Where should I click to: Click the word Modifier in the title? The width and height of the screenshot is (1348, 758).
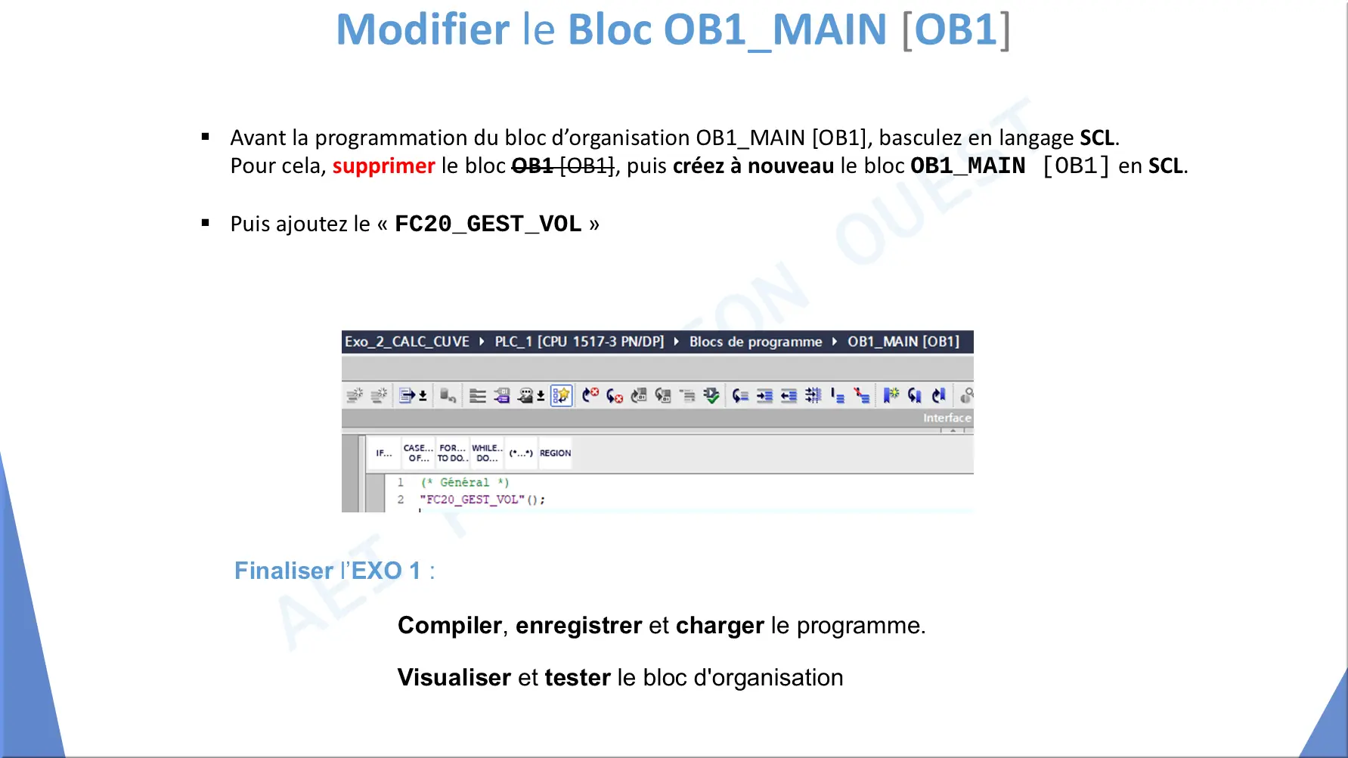(x=423, y=29)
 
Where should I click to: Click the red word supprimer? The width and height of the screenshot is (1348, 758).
(x=383, y=166)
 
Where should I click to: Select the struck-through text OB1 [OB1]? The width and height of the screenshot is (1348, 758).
(x=563, y=166)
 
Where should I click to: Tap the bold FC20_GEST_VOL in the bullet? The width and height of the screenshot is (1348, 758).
(x=488, y=224)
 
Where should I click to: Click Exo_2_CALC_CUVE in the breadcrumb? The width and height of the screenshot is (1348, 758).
(x=407, y=342)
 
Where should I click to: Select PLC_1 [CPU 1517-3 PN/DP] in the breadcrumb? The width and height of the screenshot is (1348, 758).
(x=579, y=342)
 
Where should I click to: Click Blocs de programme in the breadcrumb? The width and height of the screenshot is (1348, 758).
(x=755, y=342)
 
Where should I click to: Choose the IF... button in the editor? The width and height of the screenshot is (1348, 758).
(x=384, y=453)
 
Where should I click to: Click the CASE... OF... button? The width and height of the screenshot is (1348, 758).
(x=418, y=453)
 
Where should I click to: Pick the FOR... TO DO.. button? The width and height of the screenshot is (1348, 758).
(x=452, y=453)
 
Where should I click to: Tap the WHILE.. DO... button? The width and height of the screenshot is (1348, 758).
(x=487, y=453)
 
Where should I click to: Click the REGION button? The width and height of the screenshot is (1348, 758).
(x=555, y=453)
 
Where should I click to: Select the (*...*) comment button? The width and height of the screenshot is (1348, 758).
(x=521, y=453)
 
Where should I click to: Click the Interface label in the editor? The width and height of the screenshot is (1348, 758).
(x=947, y=418)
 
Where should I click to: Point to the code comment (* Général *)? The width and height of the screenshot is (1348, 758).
(x=465, y=482)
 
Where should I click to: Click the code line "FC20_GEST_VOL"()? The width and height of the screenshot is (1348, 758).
(x=482, y=500)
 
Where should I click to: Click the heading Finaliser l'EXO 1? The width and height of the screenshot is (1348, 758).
(x=334, y=571)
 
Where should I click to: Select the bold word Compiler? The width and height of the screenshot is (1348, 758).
(x=450, y=626)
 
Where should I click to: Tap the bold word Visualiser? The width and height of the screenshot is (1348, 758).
(x=454, y=678)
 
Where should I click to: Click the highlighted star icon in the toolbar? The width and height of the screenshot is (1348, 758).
(x=561, y=395)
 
